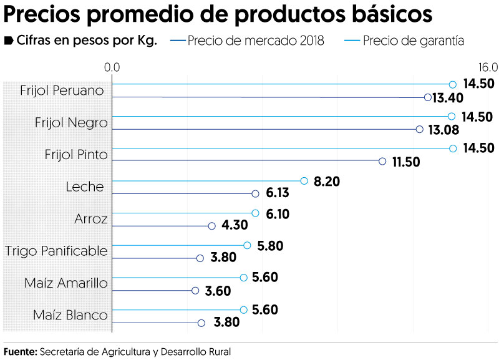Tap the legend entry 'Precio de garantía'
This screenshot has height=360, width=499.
(413, 41)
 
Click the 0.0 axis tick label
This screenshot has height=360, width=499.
(112, 67)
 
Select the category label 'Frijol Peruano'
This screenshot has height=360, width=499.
(62, 90)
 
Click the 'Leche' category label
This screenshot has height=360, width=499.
(85, 187)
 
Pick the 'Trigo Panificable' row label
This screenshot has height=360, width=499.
(56, 251)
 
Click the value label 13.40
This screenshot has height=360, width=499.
(448, 97)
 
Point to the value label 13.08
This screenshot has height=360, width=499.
(444, 130)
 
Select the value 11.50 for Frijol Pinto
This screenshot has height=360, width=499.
(406, 162)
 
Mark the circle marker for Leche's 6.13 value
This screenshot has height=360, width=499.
(255, 194)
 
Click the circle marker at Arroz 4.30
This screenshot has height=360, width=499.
(211, 226)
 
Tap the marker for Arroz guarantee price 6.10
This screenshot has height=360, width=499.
(255, 213)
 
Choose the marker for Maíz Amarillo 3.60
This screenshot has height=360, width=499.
(195, 291)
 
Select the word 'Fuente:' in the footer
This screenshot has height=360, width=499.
(21, 351)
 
